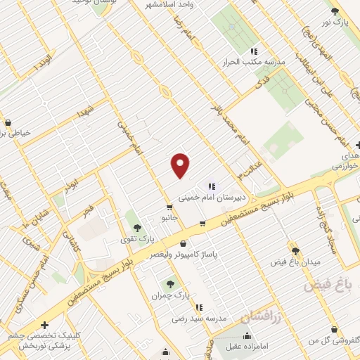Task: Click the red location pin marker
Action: click(181, 165)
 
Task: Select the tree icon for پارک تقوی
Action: click(136, 227)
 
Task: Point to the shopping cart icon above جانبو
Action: click(169, 207)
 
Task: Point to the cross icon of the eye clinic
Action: click(46, 325)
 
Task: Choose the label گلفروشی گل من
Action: click(332, 340)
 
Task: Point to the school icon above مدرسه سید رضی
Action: click(200, 307)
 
